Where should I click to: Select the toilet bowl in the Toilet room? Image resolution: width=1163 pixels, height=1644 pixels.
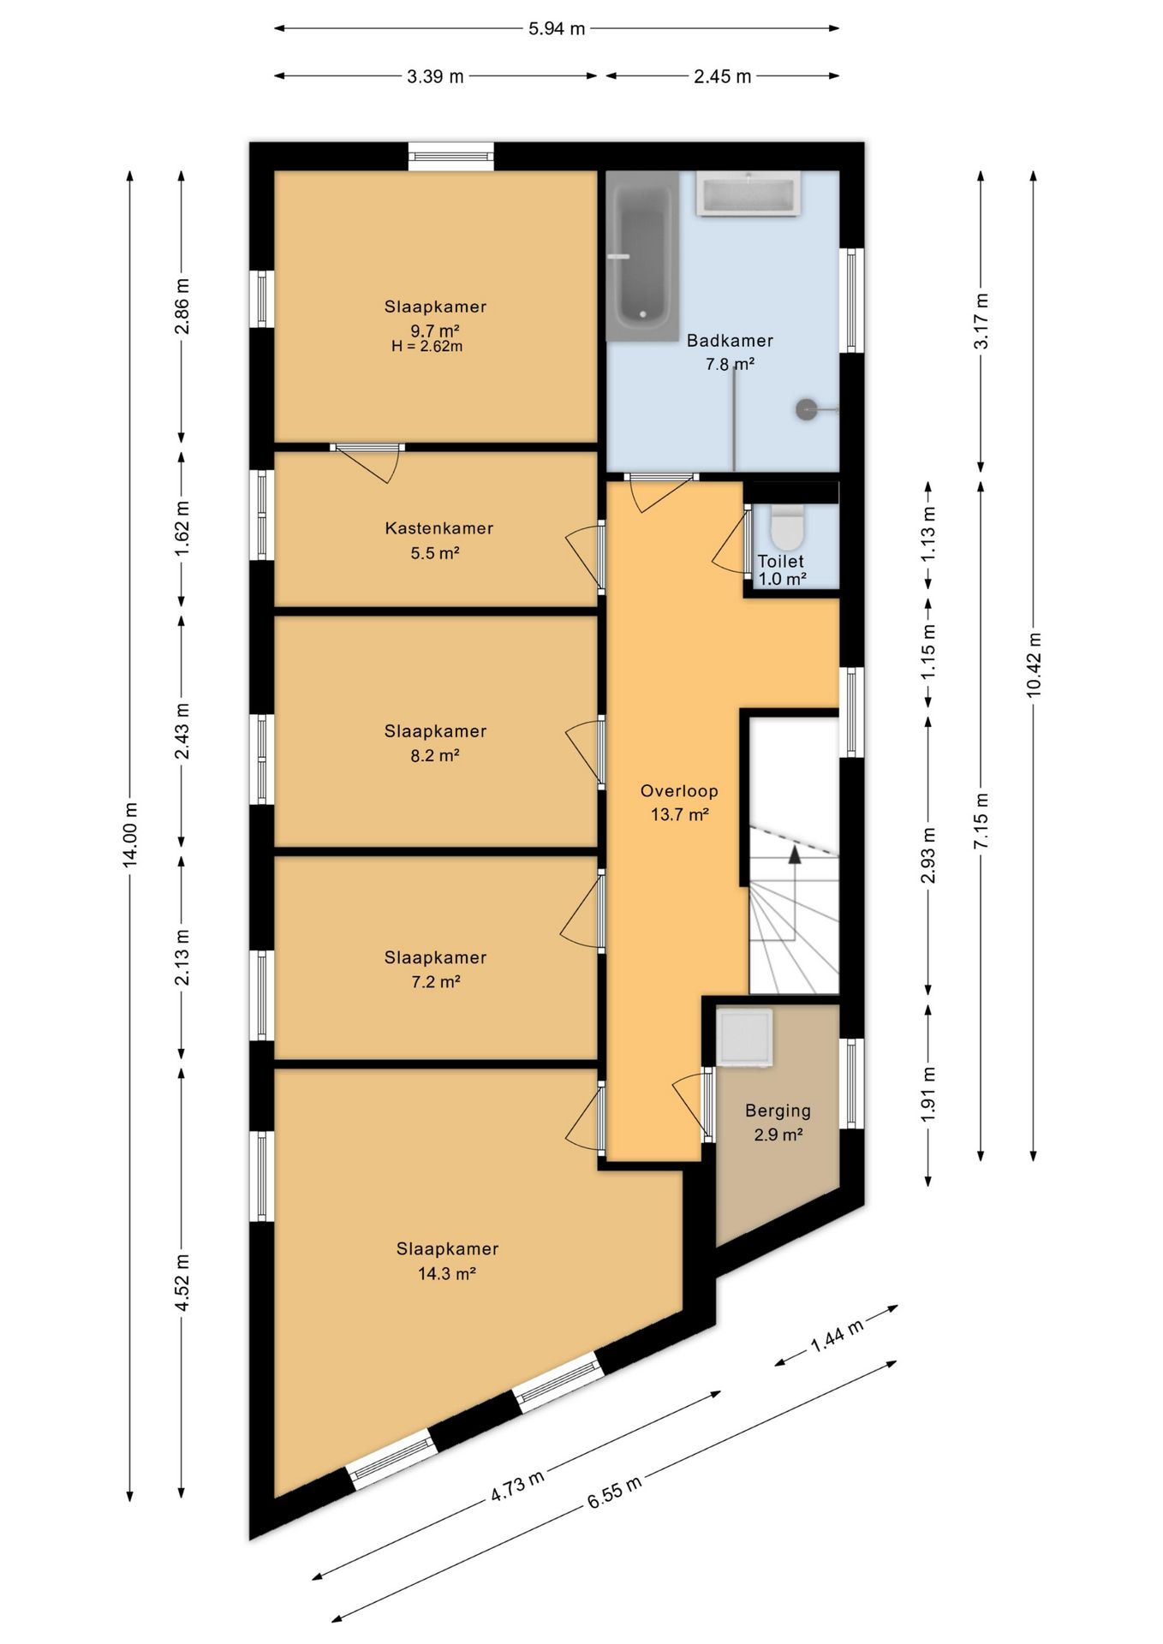(x=787, y=527)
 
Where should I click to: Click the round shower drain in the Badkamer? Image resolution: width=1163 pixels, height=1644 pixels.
(x=808, y=410)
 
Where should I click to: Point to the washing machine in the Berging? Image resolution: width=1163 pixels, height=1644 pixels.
(x=744, y=1038)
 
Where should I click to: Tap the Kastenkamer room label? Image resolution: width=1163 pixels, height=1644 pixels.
(x=438, y=528)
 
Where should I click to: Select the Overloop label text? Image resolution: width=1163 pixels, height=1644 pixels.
(x=679, y=791)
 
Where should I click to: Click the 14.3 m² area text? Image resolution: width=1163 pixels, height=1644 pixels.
(x=446, y=1273)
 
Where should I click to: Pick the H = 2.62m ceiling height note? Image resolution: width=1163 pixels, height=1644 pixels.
(x=426, y=347)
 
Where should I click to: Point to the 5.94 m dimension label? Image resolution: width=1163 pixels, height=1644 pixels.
(x=557, y=28)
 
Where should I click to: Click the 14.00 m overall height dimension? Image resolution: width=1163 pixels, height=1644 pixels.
(x=130, y=836)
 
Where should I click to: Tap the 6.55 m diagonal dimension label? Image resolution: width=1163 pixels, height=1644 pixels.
(x=614, y=1494)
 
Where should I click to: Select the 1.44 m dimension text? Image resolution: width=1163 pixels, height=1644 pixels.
(x=837, y=1336)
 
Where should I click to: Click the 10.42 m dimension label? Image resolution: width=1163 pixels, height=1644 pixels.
(x=1034, y=665)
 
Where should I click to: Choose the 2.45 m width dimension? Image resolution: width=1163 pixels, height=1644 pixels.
(x=722, y=76)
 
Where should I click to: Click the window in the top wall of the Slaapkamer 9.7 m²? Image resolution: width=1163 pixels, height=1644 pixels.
(x=450, y=156)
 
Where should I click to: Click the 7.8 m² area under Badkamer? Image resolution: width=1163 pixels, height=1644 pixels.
(x=730, y=364)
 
